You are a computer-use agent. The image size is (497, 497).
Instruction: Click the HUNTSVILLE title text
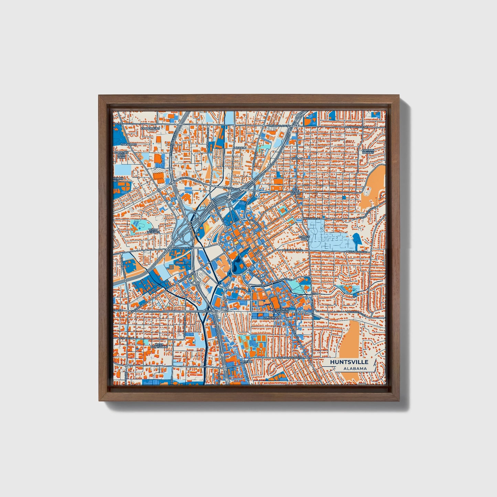pyautogui.click(x=349, y=362)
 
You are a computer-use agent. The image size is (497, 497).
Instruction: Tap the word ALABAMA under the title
pyautogui.click(x=355, y=369)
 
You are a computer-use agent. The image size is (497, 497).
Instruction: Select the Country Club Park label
pyautogui.click(x=121, y=155)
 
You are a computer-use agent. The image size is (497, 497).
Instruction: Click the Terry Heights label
pyautogui.click(x=153, y=231)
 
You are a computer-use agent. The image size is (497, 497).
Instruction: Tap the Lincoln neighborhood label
pyautogui.click(x=240, y=148)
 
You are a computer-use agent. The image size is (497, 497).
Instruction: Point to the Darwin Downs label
pyautogui.click(x=368, y=151)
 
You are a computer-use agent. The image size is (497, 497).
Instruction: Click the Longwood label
pyautogui.click(x=270, y=317)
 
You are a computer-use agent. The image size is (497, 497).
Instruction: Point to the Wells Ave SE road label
pyautogui.click(x=313, y=218)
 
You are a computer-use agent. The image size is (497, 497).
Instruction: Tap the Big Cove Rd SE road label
pyautogui.click(x=355, y=312)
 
